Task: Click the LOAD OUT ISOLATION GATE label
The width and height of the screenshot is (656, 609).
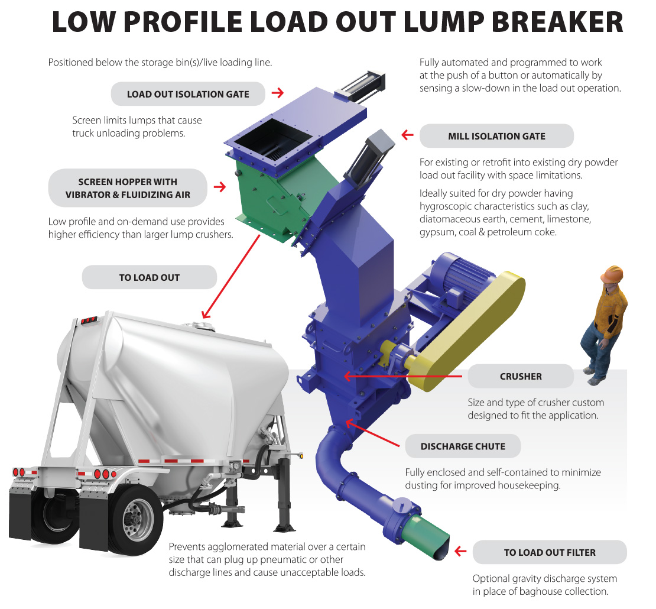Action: pyautogui.click(x=188, y=94)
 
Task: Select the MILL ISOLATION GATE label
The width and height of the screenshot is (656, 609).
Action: pyautogui.click(x=496, y=136)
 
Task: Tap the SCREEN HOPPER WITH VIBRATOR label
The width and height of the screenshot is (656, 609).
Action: pyautogui.click(x=128, y=188)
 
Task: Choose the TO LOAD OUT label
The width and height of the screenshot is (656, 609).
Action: pyautogui.click(x=149, y=277)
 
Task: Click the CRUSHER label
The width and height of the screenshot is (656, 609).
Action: pyautogui.click(x=520, y=376)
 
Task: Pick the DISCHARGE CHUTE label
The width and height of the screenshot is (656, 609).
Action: pyautogui.click(x=463, y=446)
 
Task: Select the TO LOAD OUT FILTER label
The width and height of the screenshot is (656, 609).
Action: pyautogui.click(x=549, y=552)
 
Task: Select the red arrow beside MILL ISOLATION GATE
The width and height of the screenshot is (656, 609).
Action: pyautogui.click(x=407, y=135)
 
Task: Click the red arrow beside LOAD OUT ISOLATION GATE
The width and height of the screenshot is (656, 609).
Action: pyautogui.click(x=277, y=93)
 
